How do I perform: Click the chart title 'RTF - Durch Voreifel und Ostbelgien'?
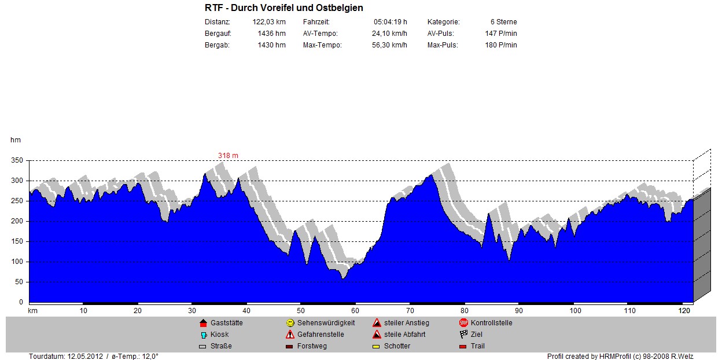tap(283, 8)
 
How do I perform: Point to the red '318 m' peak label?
tap(228, 156)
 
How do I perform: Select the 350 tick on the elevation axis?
tap(17, 160)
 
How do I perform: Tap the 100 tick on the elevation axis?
tap(17, 262)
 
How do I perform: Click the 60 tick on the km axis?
tap(355, 311)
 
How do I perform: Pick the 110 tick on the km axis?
tap(629, 311)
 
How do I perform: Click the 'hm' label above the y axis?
tap(15, 139)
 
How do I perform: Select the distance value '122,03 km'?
tap(269, 22)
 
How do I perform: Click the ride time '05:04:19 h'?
tap(390, 22)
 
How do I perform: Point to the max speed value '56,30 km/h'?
tap(389, 45)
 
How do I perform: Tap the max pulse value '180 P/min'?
tap(501, 45)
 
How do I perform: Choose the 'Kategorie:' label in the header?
tap(443, 22)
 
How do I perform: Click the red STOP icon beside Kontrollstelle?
tap(463, 323)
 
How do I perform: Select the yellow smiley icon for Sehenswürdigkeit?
tap(290, 323)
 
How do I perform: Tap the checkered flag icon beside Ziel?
tap(463, 335)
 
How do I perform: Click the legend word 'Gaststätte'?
tap(227, 323)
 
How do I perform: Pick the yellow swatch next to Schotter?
tap(376, 347)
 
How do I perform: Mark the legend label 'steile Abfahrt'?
tap(404, 335)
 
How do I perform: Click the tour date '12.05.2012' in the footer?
tap(85, 357)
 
